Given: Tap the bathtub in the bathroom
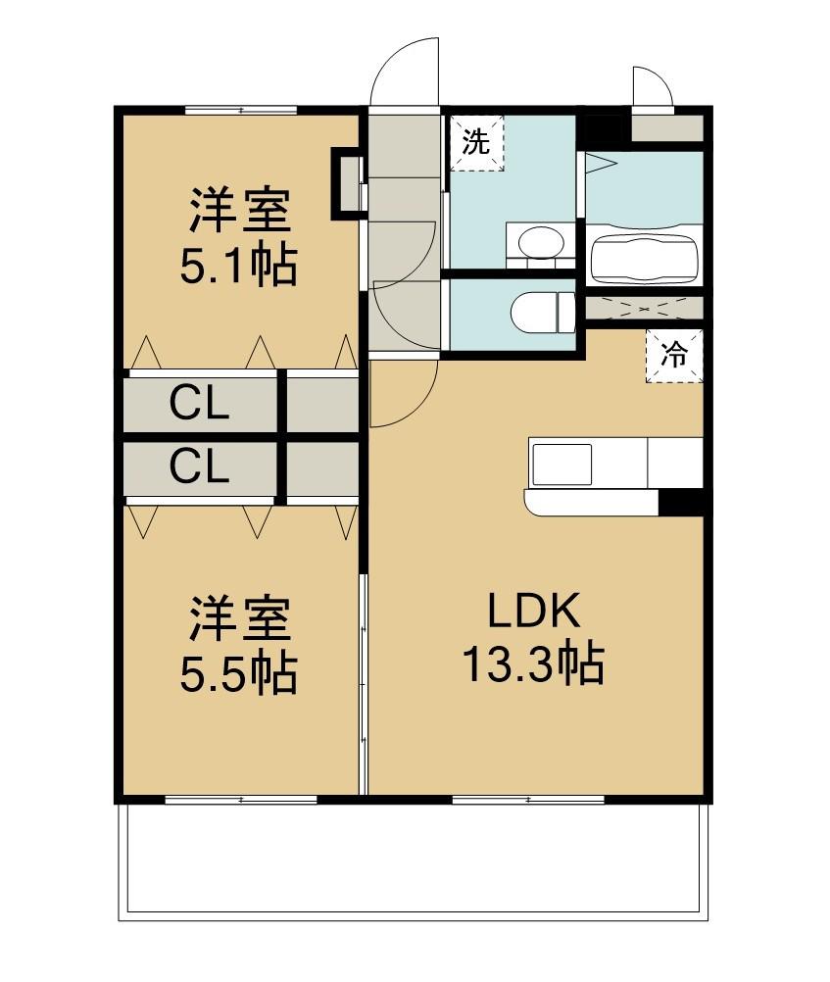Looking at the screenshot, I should [644, 254].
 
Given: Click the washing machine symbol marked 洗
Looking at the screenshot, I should [476, 143].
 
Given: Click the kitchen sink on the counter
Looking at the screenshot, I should [561, 463].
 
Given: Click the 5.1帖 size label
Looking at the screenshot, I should [238, 265].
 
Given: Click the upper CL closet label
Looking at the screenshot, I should [199, 403].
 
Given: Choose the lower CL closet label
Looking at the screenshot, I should [199, 467].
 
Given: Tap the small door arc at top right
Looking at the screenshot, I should [651, 86].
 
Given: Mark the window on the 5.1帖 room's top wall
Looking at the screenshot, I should [240, 110].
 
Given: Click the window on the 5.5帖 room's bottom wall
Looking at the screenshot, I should [241, 800].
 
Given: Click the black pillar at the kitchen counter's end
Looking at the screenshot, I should [681, 501].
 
